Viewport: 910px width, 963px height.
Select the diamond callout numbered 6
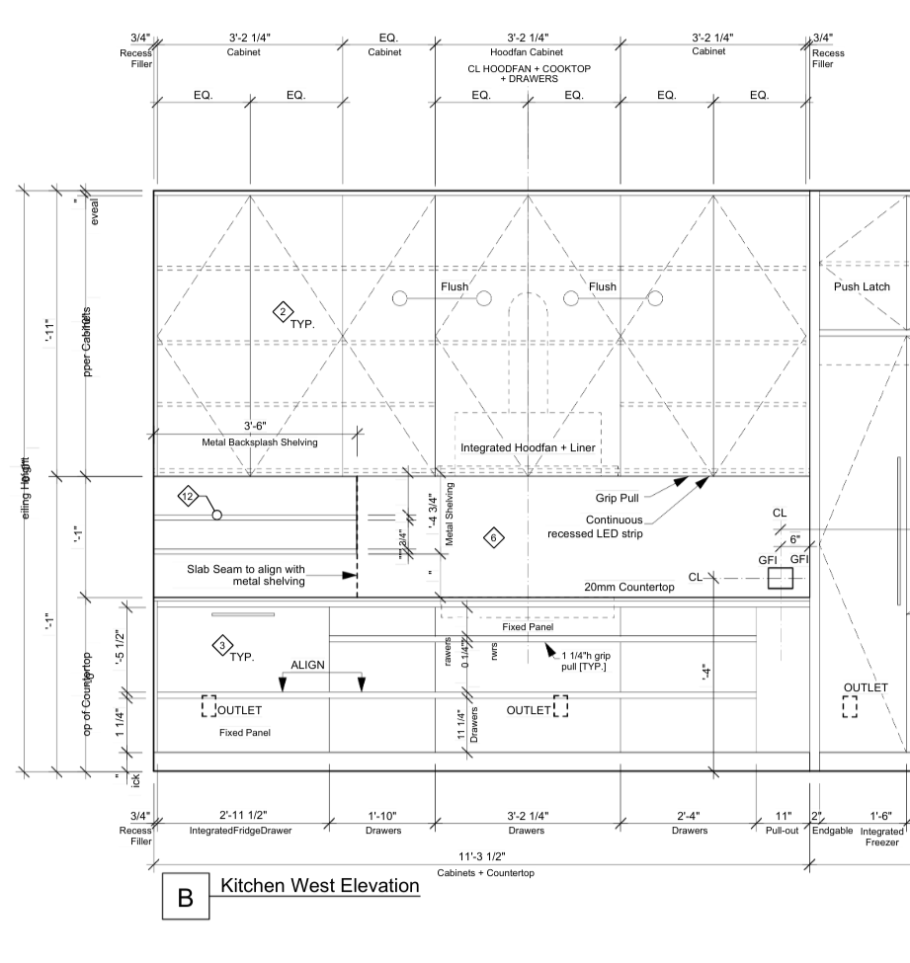click(x=494, y=537)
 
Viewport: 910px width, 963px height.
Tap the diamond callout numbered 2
click(x=283, y=313)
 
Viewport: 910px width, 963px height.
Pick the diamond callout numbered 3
click(x=221, y=646)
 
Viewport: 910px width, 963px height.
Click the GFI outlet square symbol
click(x=781, y=578)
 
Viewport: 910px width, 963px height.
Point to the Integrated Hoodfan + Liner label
click(x=528, y=448)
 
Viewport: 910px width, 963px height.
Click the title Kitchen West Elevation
click(x=320, y=886)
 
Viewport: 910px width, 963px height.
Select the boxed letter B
click(x=185, y=899)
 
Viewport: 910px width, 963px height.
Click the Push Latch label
click(x=863, y=286)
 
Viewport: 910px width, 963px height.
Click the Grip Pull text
click(x=620, y=499)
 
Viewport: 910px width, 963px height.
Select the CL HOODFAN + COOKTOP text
click(x=527, y=70)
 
